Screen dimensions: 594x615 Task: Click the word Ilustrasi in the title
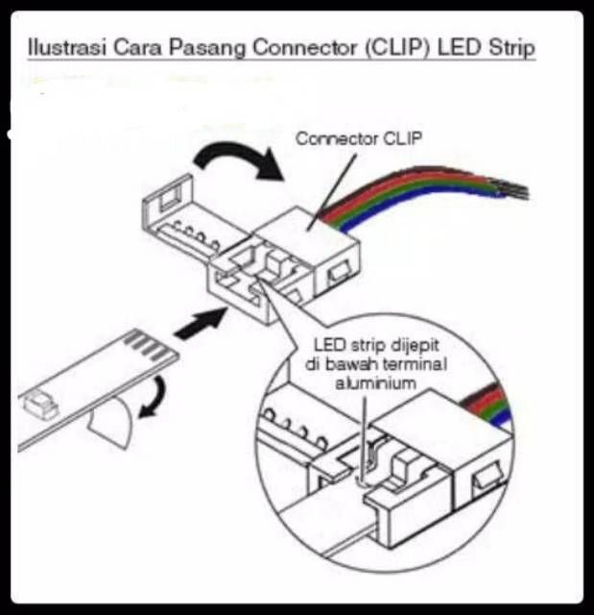[67, 47]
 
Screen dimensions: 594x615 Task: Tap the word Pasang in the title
[207, 48]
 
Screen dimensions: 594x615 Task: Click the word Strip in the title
[511, 48]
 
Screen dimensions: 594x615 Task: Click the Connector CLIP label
[359, 138]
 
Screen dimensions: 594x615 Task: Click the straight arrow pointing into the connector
[201, 323]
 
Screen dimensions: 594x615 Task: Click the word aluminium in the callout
[376, 383]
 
